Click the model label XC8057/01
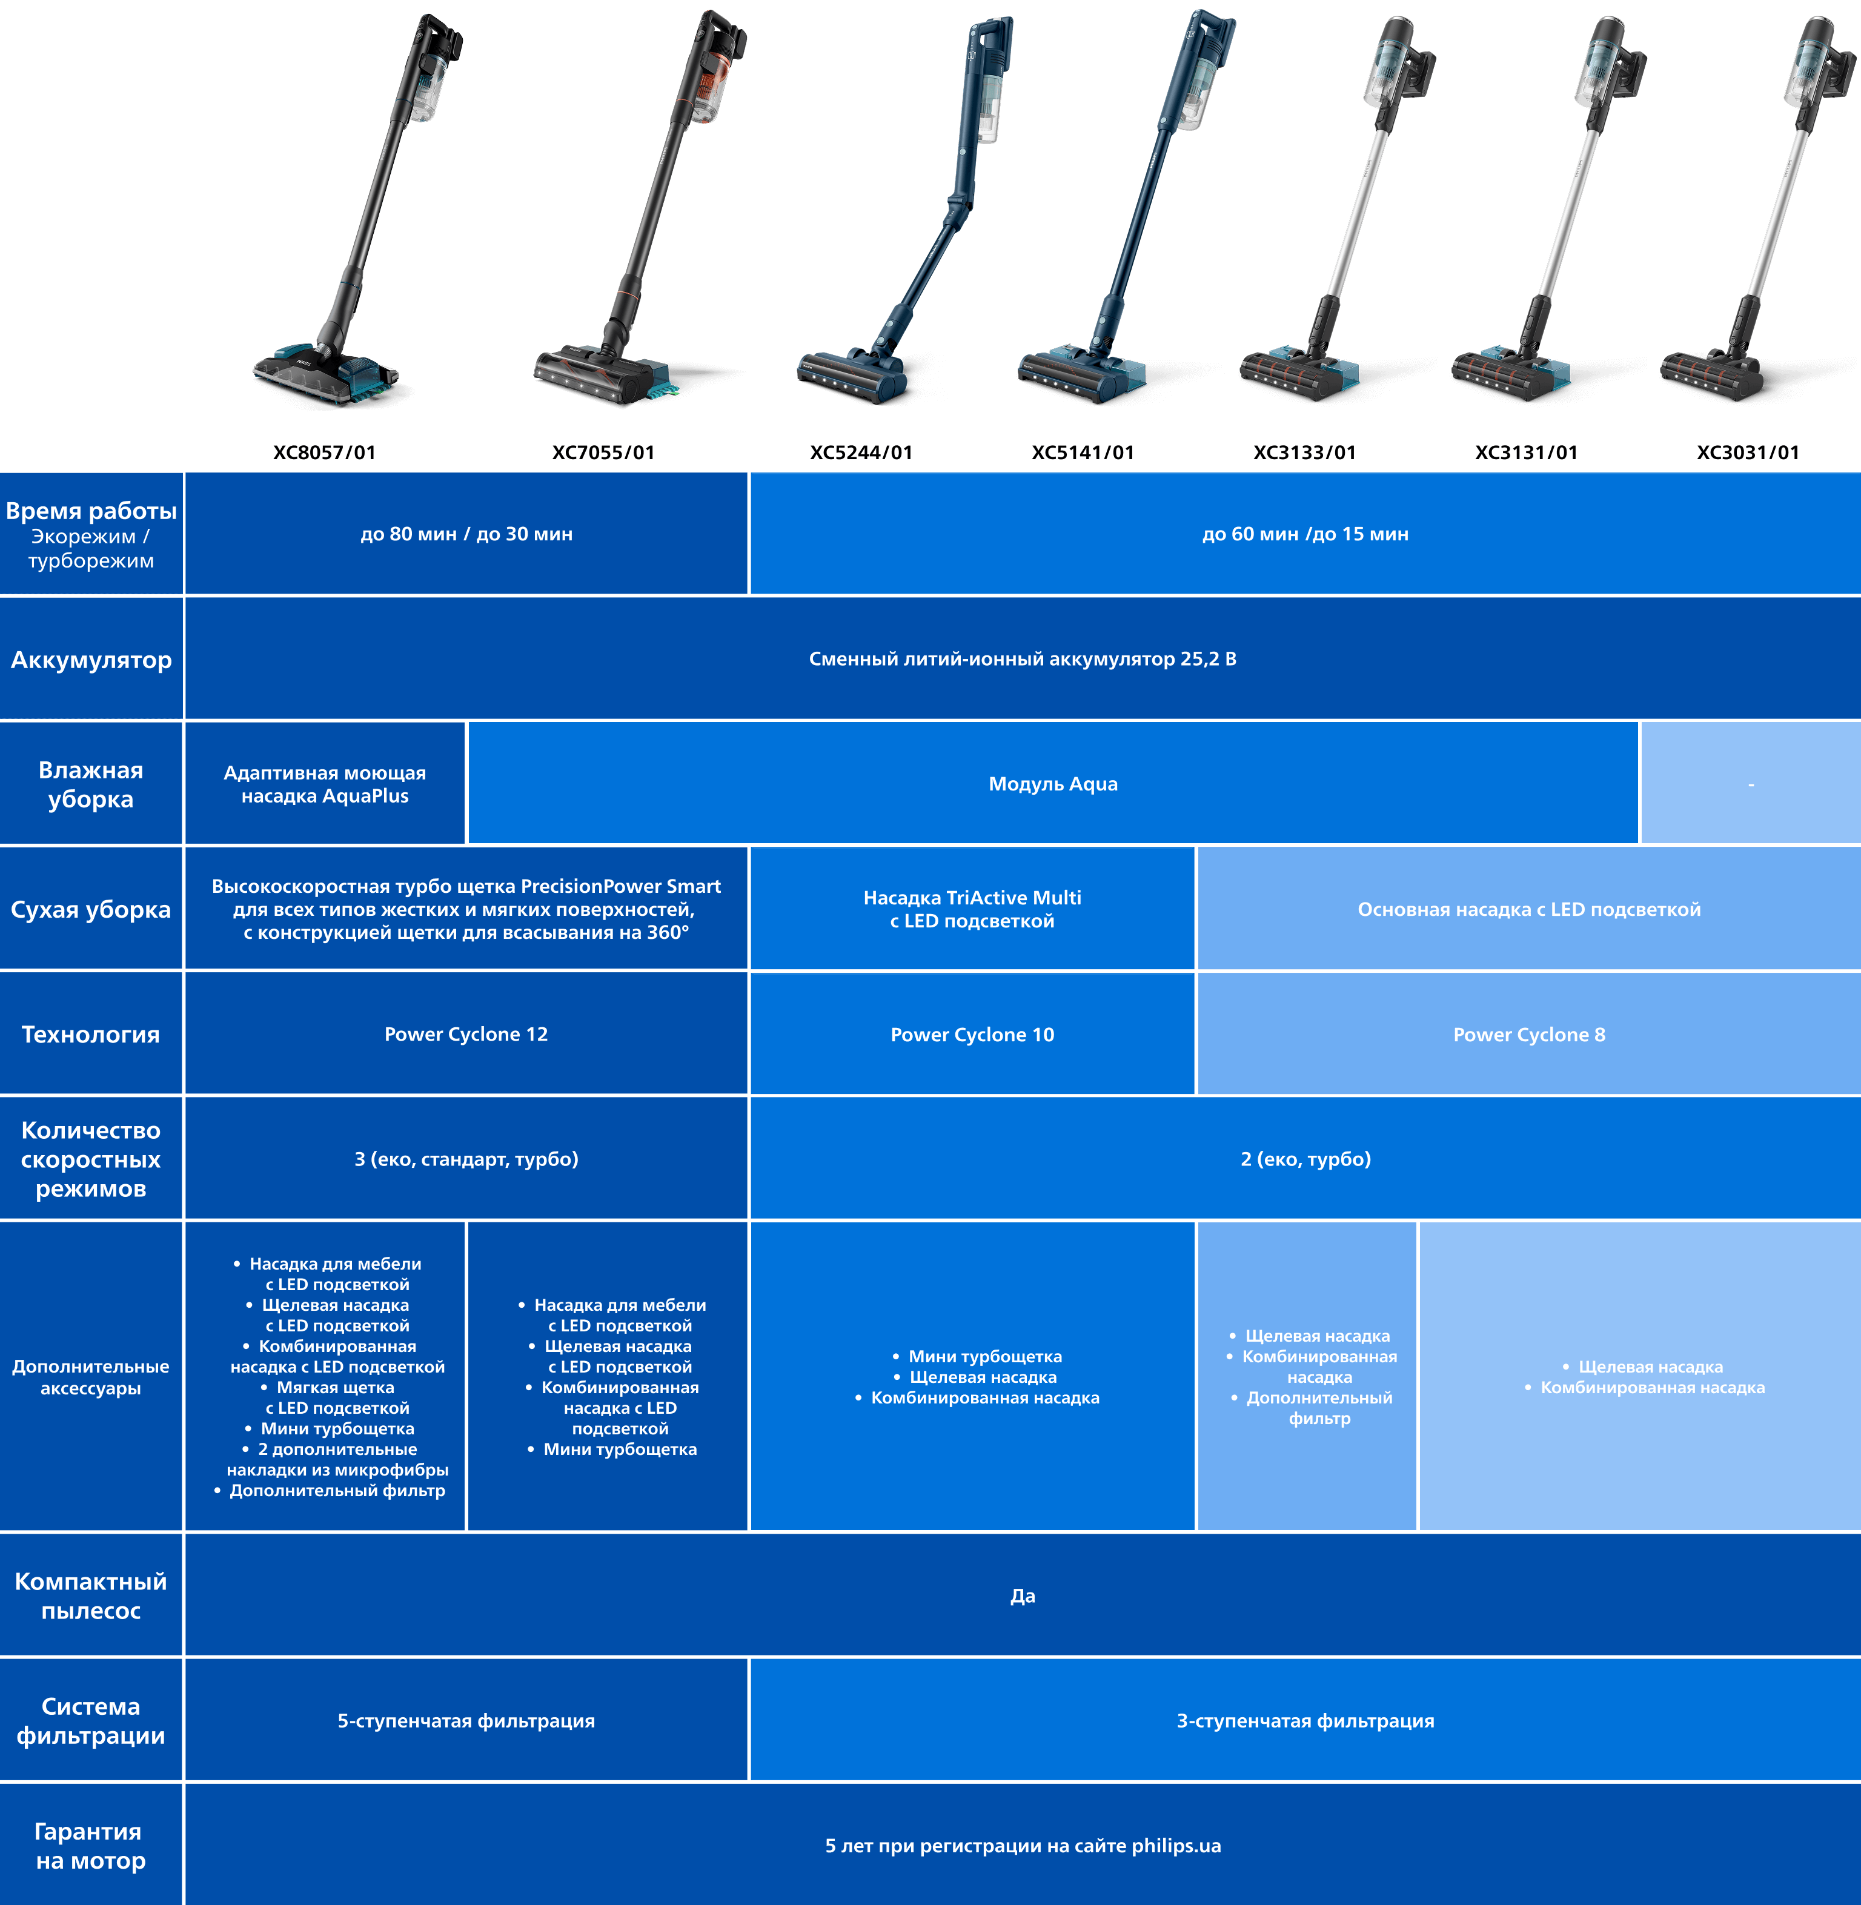click(325, 452)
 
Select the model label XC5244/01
click(861, 452)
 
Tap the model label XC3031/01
click(1748, 452)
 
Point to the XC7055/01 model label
click(603, 452)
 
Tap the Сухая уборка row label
click(91, 910)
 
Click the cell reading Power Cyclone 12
click(466, 1034)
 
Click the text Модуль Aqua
click(1053, 784)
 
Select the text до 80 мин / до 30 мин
click(466, 534)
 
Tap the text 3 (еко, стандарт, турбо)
click(466, 1159)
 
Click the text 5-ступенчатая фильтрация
click(466, 1721)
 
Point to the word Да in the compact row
click(1023, 1596)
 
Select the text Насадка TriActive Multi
click(972, 897)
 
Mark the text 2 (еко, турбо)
click(1306, 1159)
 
